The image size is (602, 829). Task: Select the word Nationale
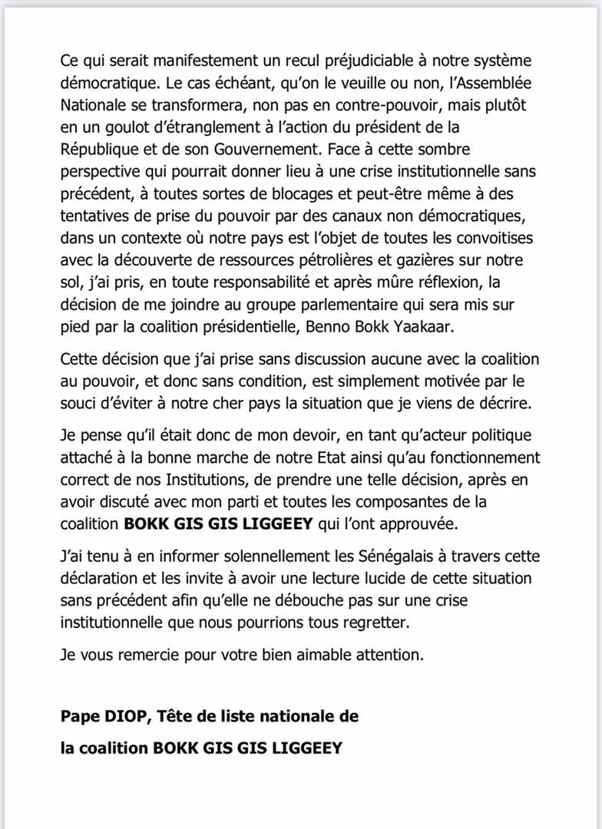coord(94,102)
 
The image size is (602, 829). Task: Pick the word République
coord(101,145)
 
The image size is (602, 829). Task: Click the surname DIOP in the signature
coord(120,717)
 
